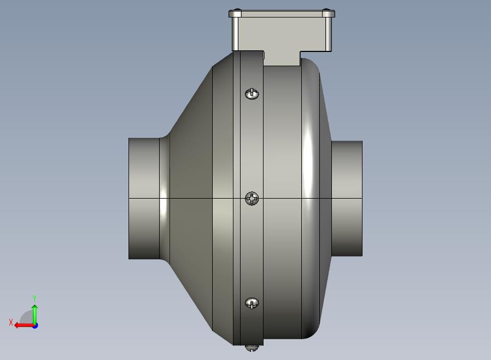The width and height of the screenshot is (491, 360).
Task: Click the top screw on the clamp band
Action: click(252, 94)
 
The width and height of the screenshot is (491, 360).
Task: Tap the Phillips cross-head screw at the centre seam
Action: click(252, 199)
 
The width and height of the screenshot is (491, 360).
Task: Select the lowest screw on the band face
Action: click(252, 303)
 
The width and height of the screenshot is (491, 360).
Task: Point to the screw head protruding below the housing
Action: click(252, 348)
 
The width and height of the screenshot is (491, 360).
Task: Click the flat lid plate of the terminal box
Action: click(282, 14)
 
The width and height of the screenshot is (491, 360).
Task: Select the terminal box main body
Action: click(282, 34)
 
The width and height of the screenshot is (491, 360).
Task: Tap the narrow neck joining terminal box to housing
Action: click(282, 59)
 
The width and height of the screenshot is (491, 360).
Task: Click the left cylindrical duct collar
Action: click(144, 199)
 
